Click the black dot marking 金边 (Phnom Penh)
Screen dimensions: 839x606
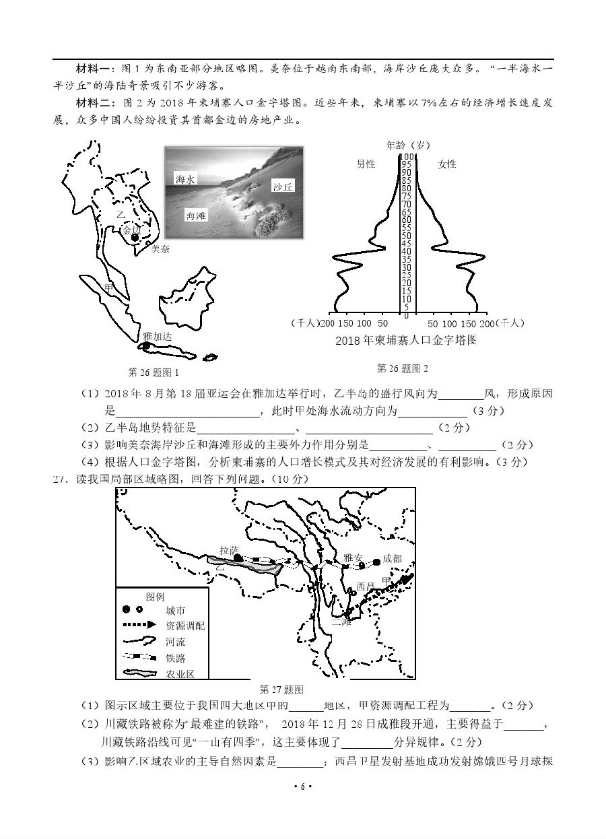click(x=135, y=238)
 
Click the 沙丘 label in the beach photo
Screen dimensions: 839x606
click(x=283, y=187)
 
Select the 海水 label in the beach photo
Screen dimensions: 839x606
click(x=184, y=179)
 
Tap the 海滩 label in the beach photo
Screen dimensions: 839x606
click(x=195, y=215)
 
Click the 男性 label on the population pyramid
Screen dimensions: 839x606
click(x=366, y=164)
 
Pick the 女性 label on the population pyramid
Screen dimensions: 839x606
click(x=447, y=164)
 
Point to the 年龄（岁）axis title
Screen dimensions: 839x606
click(x=409, y=145)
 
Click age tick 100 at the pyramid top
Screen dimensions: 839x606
click(x=407, y=157)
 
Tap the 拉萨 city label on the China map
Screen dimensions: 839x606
click(x=229, y=550)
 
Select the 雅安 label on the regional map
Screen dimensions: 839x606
click(x=352, y=558)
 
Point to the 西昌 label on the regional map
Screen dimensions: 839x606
click(x=366, y=586)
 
